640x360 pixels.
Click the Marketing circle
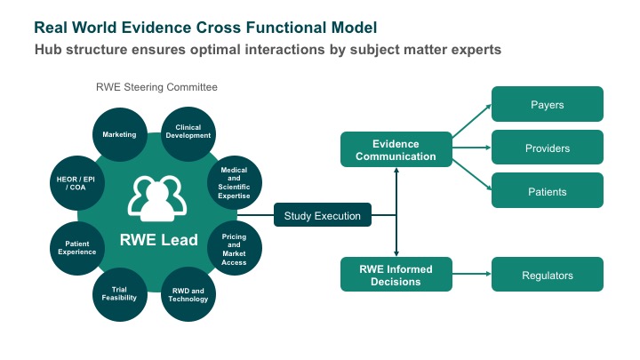120,134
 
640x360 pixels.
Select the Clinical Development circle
188,134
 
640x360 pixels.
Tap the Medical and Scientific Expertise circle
235,182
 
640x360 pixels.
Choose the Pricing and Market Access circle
235,249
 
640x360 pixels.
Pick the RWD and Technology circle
188,294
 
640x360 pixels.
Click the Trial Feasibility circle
120,294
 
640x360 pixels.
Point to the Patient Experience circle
77,248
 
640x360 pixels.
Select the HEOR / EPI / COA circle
77,183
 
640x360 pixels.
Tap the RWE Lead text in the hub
159,240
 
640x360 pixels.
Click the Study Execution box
323,215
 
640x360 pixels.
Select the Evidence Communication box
396,149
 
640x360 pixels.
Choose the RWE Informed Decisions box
396,275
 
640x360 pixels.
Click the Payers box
548,104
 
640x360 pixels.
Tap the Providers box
548,148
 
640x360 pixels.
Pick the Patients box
548,190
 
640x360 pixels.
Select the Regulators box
548,275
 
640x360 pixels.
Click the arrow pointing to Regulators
472,274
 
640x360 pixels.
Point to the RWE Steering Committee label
156,87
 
